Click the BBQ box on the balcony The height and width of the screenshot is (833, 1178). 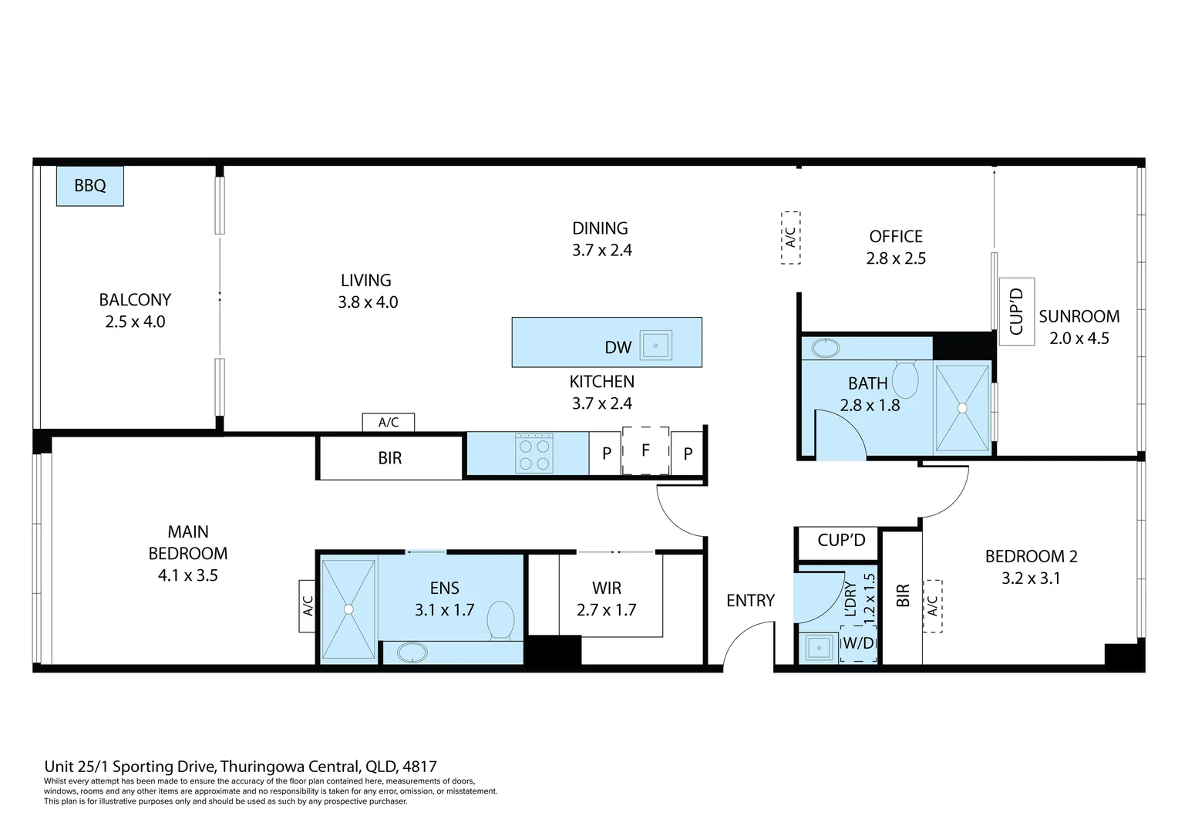pyautogui.click(x=90, y=186)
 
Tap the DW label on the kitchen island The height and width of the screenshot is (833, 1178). pyautogui.click(x=618, y=347)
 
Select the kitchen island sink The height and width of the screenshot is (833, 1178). pyautogui.click(x=656, y=346)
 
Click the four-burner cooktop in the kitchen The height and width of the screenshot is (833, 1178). pyautogui.click(x=533, y=453)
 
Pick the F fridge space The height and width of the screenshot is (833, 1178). pyautogui.click(x=645, y=450)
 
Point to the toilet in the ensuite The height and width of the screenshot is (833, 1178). pyautogui.click(x=500, y=620)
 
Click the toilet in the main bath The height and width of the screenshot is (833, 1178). pyautogui.click(x=905, y=379)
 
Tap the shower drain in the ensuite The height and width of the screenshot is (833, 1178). pyautogui.click(x=348, y=609)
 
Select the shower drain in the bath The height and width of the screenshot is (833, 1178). pyautogui.click(x=962, y=408)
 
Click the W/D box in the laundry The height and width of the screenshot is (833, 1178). pyautogui.click(x=858, y=643)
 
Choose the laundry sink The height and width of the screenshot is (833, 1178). pyautogui.click(x=818, y=646)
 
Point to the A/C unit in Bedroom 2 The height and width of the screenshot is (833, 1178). pyautogui.click(x=932, y=605)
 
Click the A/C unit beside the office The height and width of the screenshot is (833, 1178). pyautogui.click(x=790, y=238)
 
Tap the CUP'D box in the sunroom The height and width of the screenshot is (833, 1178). pyautogui.click(x=1017, y=312)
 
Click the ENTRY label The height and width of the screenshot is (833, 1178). pyautogui.click(x=750, y=600)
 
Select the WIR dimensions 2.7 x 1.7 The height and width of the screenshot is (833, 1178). pyautogui.click(x=607, y=610)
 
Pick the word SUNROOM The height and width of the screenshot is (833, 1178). pyautogui.click(x=1079, y=316)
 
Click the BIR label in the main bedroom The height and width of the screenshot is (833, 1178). pyautogui.click(x=389, y=458)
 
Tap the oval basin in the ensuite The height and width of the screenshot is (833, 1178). pyautogui.click(x=412, y=653)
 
